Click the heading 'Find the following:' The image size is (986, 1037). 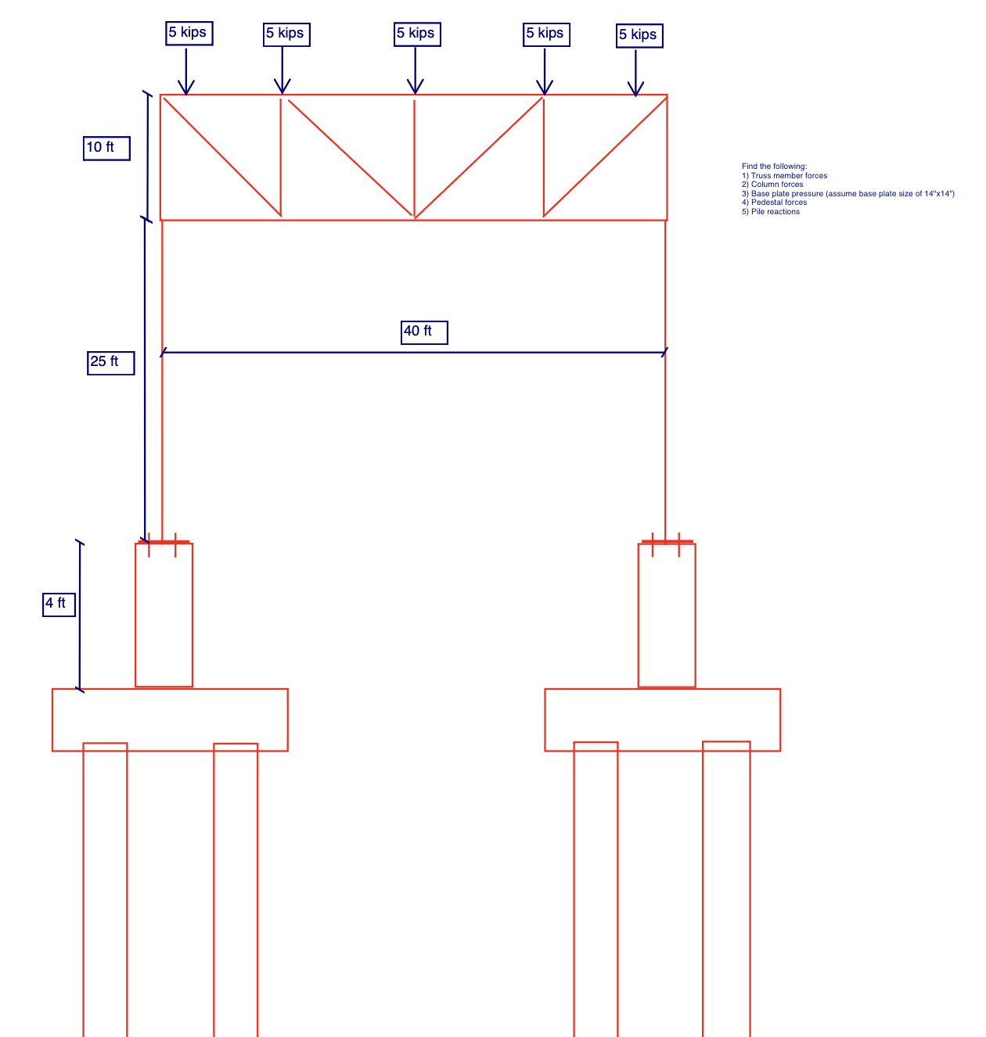click(774, 167)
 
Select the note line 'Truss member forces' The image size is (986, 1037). click(789, 176)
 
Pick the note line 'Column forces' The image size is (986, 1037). click(777, 185)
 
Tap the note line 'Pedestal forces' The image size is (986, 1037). click(779, 203)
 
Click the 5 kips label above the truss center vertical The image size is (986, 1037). click(417, 34)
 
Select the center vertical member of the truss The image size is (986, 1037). click(414, 156)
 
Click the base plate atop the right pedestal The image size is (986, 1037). click(667, 541)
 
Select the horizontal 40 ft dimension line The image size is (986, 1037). click(313, 353)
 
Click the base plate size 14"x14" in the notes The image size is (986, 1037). click(939, 194)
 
